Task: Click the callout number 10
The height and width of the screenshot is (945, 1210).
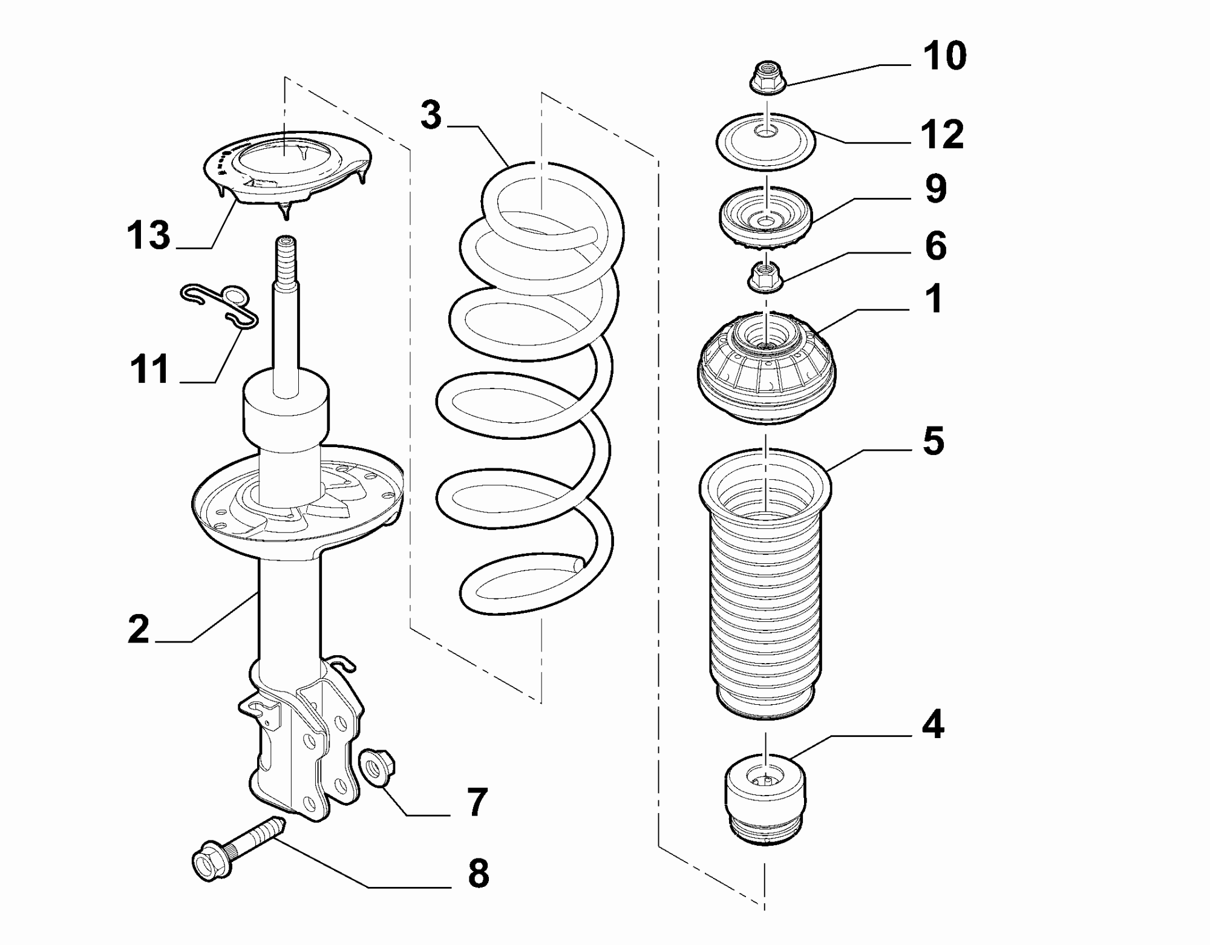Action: (944, 56)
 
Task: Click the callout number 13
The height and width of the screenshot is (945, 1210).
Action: (149, 235)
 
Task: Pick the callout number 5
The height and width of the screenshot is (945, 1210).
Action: (934, 441)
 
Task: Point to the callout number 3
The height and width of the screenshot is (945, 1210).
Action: (431, 115)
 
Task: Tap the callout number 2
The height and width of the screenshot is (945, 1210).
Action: (139, 629)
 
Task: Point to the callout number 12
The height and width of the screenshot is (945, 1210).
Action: (942, 134)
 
